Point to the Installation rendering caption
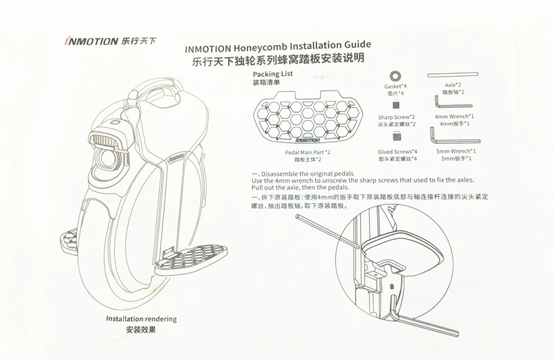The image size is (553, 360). point(141,319)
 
